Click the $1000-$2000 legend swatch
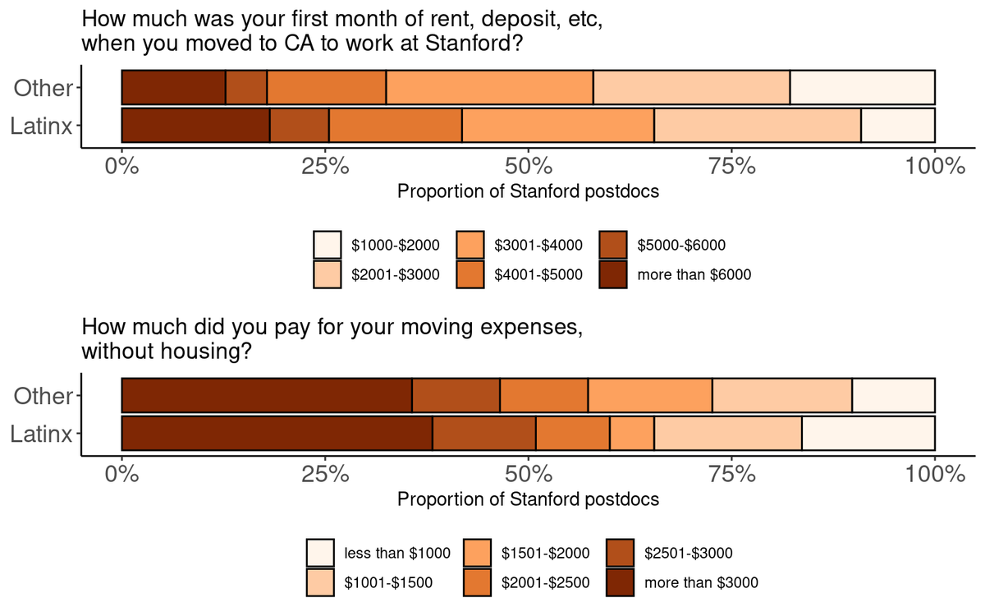pyautogui.click(x=328, y=245)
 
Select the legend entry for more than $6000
pyautogui.click(x=676, y=274)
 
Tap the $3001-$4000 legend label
pyautogui.click(x=538, y=245)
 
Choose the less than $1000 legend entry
pyautogui.click(x=378, y=553)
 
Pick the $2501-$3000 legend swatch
pyautogui.click(x=620, y=553)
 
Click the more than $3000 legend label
pyautogui.click(x=701, y=582)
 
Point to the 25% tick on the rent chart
pyautogui.click(x=325, y=151)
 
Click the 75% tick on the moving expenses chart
pyautogui.click(x=731, y=459)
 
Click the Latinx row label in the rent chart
pyautogui.click(x=41, y=126)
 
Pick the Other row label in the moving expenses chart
pyautogui.click(x=43, y=396)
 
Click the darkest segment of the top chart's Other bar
pyautogui.click(x=174, y=87)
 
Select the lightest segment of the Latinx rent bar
pyautogui.click(x=898, y=125)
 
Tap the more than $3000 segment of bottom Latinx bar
pyautogui.click(x=277, y=433)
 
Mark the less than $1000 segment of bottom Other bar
pyautogui.click(x=894, y=395)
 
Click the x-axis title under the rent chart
pyautogui.click(x=528, y=191)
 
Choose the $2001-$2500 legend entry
pyautogui.click(x=526, y=582)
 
